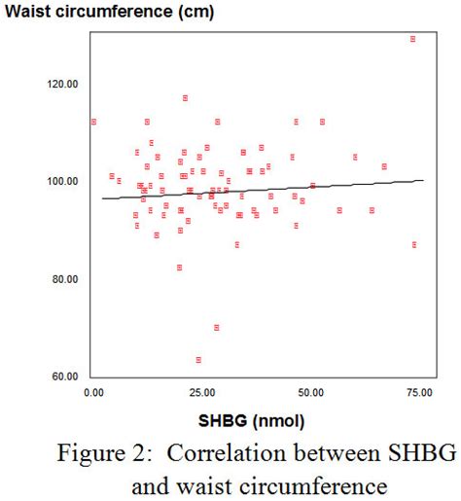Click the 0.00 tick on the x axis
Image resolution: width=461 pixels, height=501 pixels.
(93, 392)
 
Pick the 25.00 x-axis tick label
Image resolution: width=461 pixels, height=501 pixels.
(201, 392)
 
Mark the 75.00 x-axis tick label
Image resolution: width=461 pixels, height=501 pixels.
(419, 392)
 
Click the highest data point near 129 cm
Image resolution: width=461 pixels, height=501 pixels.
(413, 39)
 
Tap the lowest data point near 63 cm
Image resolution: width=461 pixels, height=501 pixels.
(198, 360)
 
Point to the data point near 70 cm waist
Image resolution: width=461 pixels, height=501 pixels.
(217, 327)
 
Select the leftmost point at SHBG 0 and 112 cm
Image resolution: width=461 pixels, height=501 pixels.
(93, 122)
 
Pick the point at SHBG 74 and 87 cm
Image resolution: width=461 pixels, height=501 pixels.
(414, 244)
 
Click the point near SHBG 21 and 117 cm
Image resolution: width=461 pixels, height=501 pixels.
(185, 97)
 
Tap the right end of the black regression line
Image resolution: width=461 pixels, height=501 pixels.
(424, 180)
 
